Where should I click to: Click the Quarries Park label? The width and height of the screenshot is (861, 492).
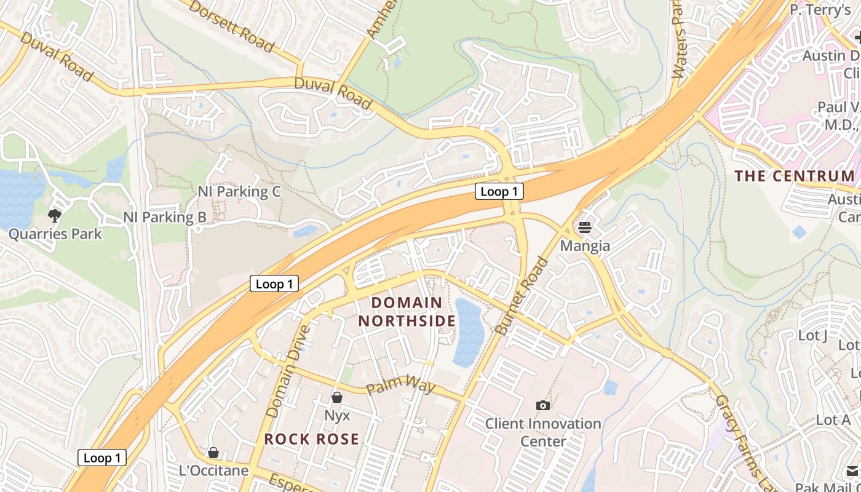coord(55,234)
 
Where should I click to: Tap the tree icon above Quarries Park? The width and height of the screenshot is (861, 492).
coord(55,215)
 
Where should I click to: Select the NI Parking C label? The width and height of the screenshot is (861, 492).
coord(239,192)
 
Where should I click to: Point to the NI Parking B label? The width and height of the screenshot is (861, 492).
coord(165,217)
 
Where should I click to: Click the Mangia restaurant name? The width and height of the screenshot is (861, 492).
coord(585,246)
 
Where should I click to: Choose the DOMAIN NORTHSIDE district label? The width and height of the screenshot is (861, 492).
coord(407,312)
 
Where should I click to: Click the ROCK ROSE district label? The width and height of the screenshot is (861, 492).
coord(312,439)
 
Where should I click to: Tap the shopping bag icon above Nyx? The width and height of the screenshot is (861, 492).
coord(336,397)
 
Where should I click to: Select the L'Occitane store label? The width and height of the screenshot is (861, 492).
coord(213,471)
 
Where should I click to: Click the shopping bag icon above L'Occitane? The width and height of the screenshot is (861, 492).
coord(213,453)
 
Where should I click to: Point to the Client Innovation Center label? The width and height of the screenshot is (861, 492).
coord(543,432)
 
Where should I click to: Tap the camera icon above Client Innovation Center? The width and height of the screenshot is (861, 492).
coord(542,405)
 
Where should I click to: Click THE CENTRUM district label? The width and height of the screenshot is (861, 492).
coord(795,177)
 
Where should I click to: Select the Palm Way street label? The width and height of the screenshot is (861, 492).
coord(400,388)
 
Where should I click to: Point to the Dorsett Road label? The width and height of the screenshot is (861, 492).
coord(231,26)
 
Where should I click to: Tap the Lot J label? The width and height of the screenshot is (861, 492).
coord(812,336)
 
